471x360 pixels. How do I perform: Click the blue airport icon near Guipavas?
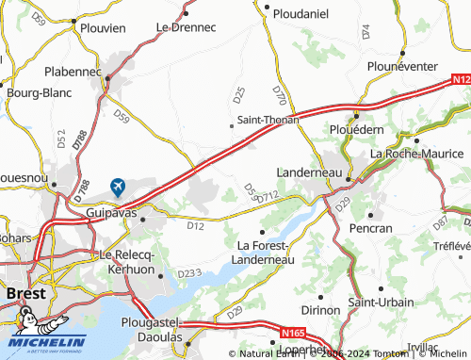tap(118, 187)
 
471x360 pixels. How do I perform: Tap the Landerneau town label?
tap(310, 172)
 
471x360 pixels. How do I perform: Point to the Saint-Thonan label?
tap(268, 120)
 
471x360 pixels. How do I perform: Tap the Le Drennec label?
tap(187, 27)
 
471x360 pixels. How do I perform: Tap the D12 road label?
tap(195, 225)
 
